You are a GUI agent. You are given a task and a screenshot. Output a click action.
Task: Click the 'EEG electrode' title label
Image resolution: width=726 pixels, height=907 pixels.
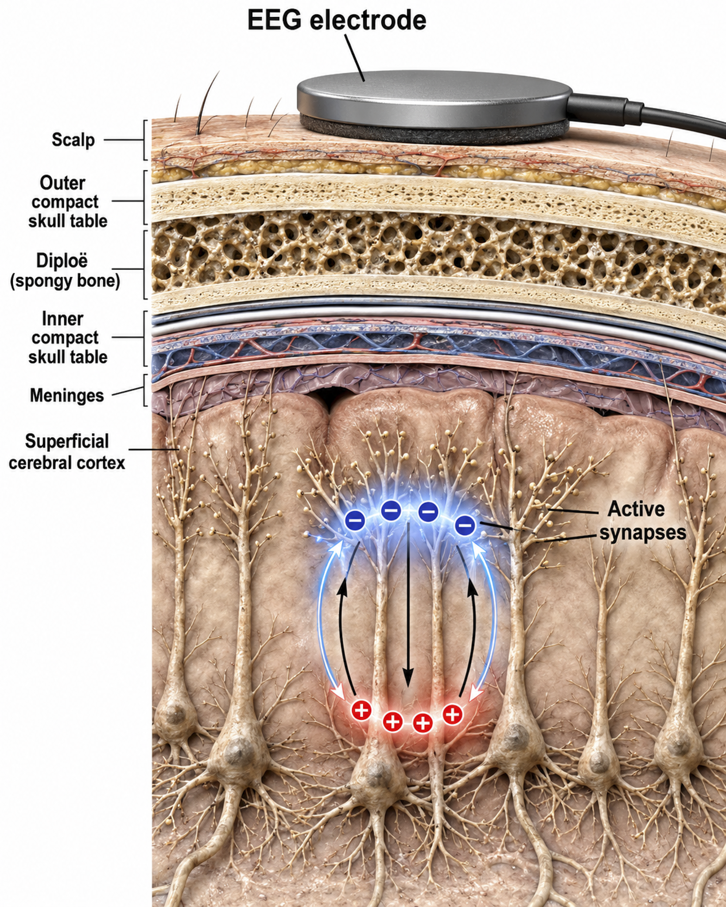coord(337,20)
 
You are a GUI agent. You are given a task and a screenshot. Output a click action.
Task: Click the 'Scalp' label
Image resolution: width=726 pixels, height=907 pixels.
coord(73,140)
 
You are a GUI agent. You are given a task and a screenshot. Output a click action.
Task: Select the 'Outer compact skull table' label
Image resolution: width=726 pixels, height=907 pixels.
coord(68,202)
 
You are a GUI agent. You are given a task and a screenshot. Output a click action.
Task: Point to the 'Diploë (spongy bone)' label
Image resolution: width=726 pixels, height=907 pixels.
coord(65,271)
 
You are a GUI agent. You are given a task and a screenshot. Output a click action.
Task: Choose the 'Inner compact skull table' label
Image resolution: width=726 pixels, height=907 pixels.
coord(68,337)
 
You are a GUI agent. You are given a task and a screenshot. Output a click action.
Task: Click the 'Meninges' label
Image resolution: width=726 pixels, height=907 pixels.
coord(67,395)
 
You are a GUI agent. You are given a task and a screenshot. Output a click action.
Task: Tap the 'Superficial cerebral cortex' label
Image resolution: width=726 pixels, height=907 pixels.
coord(67,452)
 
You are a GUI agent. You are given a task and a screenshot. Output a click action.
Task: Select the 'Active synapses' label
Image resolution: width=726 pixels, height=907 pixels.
coord(642,520)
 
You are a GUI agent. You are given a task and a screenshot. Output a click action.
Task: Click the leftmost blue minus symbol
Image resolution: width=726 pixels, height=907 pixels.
coord(355,520)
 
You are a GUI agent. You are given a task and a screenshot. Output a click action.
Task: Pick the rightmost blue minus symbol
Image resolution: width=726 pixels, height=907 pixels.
coord(465,526)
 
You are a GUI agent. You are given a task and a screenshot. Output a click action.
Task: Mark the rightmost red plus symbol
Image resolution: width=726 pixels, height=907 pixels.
coord(453,714)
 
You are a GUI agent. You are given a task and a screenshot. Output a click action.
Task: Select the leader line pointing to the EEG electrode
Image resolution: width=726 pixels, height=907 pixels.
coord(354,58)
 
